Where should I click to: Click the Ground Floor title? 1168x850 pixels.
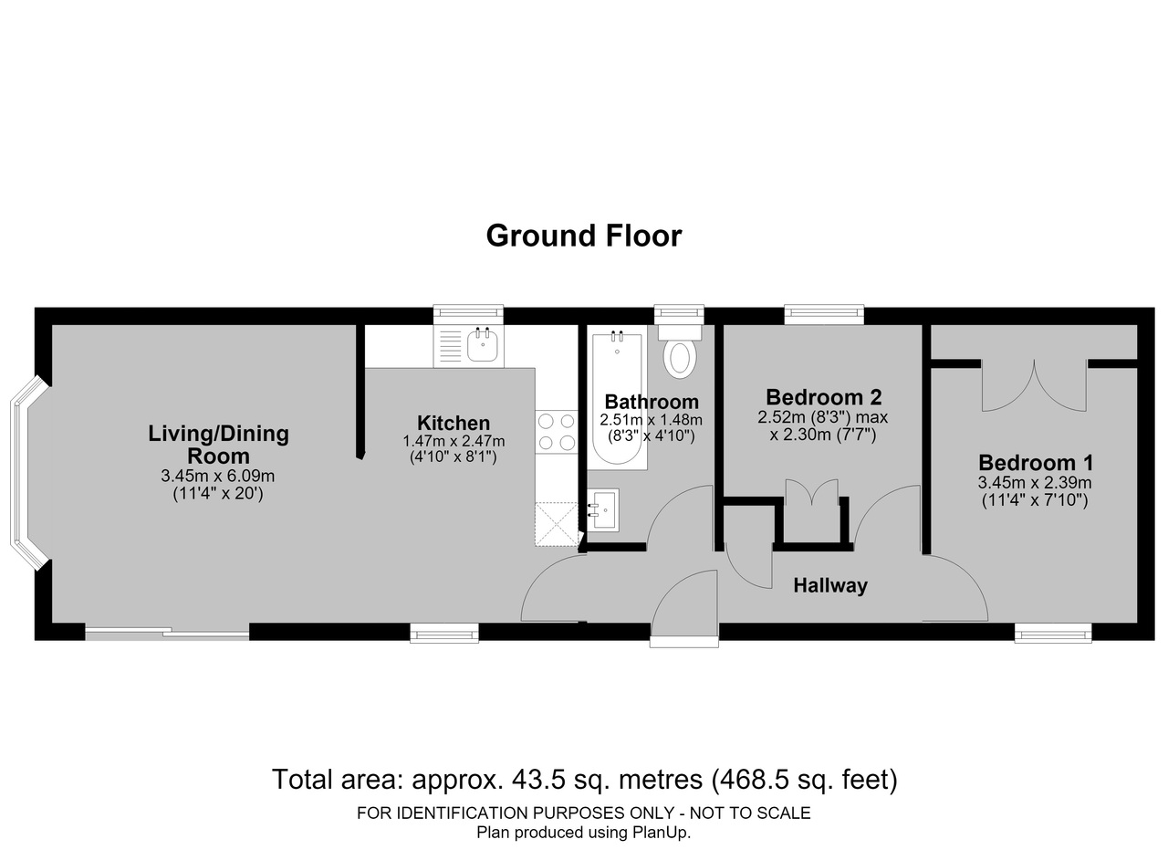click(x=583, y=236)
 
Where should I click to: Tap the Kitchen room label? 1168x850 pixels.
click(x=454, y=423)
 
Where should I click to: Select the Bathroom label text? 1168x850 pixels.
click(x=652, y=402)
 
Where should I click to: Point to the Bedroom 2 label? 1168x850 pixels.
click(x=823, y=397)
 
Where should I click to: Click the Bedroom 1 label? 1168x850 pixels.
click(x=1035, y=463)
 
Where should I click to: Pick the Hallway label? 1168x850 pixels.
click(x=830, y=585)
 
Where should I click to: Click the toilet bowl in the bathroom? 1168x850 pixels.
click(x=680, y=360)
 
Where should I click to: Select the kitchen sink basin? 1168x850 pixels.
click(x=483, y=346)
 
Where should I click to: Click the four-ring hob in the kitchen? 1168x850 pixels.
click(x=557, y=432)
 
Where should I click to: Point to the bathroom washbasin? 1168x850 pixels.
click(x=603, y=509)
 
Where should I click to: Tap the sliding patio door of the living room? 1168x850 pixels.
click(x=167, y=634)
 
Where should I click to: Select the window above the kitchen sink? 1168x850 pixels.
click(x=469, y=312)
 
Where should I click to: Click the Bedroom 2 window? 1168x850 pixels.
click(x=824, y=312)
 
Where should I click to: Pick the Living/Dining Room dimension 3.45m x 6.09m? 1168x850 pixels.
click(x=217, y=476)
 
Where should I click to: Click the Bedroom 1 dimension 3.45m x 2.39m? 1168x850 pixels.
click(x=1035, y=483)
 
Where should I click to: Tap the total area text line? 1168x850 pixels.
click(x=585, y=780)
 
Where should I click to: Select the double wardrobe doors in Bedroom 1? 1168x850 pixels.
click(x=1034, y=386)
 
